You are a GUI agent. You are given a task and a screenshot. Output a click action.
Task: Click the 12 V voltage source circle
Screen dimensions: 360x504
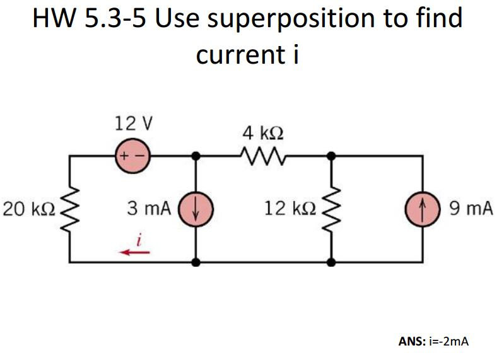click(131, 154)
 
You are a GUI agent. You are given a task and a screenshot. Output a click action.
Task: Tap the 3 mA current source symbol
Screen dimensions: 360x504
click(196, 208)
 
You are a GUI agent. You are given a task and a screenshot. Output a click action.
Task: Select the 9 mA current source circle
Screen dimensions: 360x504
click(422, 208)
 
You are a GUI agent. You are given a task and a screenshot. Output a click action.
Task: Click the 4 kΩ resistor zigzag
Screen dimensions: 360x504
click(262, 154)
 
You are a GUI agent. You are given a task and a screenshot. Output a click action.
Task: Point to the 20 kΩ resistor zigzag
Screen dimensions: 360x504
click(70, 208)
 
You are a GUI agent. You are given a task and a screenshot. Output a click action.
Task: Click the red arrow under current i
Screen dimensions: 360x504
click(136, 252)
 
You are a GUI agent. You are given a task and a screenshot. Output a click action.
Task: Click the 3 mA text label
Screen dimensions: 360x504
click(149, 209)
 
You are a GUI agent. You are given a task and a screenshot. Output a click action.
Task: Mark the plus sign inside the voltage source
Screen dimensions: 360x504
click(124, 154)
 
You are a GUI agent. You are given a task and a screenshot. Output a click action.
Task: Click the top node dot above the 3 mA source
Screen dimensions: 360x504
click(196, 154)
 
